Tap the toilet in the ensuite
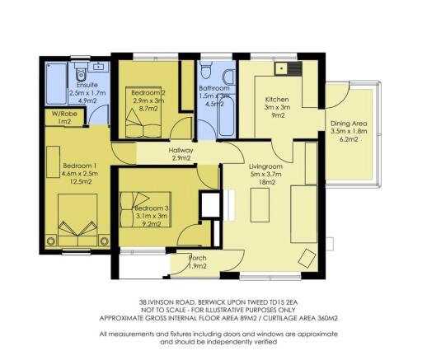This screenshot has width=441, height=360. tap(99, 65)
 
